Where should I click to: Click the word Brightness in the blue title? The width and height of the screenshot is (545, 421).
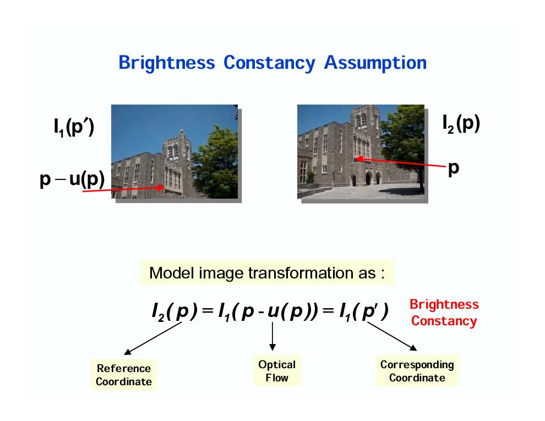coord(167,63)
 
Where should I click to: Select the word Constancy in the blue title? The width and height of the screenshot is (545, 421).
coord(269,63)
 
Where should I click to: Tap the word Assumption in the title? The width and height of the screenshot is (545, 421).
coord(375,63)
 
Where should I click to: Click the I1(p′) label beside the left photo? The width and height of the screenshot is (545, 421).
coord(74,127)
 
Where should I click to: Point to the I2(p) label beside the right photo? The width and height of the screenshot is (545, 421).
coord(461,124)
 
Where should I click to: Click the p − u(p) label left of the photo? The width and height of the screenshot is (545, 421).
coord(72,179)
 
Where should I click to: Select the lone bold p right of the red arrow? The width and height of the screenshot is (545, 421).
coord(454,168)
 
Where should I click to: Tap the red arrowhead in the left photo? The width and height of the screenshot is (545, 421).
coord(161,187)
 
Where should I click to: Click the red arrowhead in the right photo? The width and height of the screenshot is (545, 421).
coord(359,159)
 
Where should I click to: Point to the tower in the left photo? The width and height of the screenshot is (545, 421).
coord(177,158)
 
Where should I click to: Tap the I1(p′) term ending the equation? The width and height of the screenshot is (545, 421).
coord(364,311)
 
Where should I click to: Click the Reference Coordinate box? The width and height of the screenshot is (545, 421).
coord(124,375)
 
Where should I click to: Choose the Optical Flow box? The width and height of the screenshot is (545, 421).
coord(277,370)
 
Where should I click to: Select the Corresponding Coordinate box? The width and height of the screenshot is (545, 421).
coord(417,370)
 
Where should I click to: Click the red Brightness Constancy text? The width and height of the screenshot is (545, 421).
coord(444,313)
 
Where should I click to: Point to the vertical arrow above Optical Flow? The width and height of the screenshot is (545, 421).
coord(272,336)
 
